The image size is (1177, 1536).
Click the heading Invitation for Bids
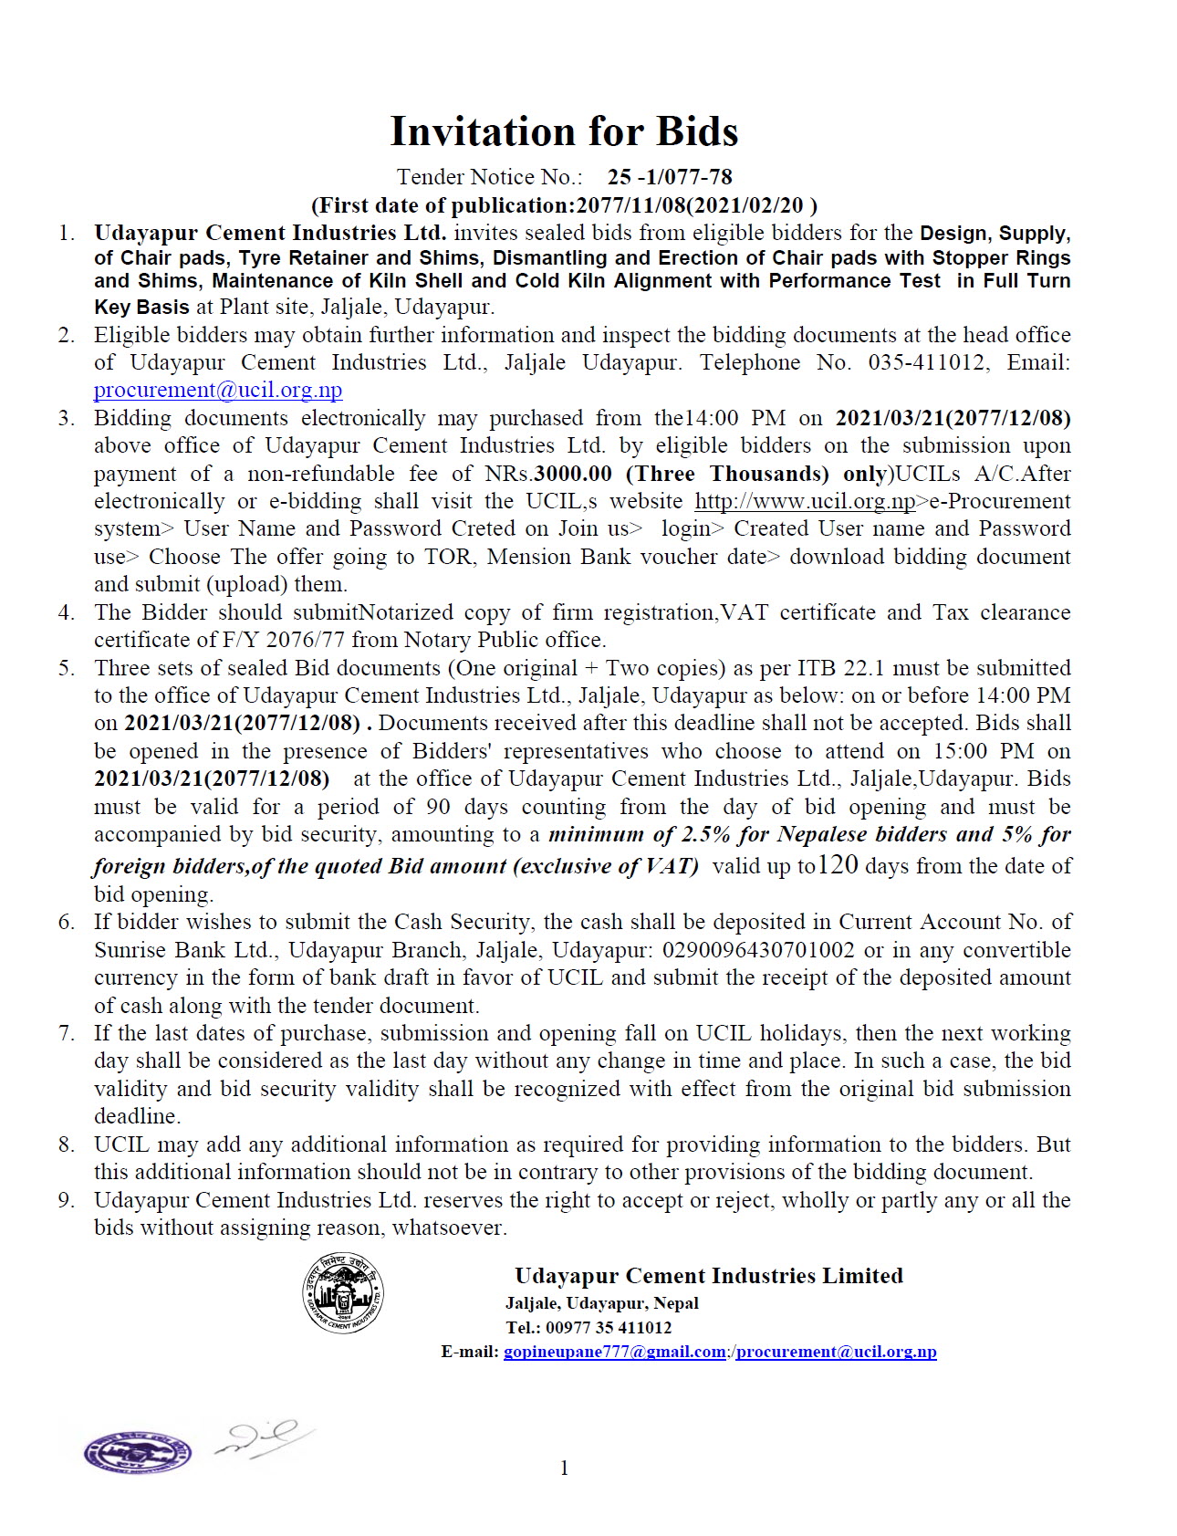(x=564, y=132)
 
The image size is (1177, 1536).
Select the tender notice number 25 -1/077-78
(x=670, y=177)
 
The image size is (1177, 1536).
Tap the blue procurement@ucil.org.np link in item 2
(x=218, y=391)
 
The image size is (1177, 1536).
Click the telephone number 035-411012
(x=926, y=362)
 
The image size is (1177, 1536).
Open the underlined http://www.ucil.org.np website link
(x=805, y=501)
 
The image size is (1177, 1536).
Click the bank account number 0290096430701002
(x=758, y=950)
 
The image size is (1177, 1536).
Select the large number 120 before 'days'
(x=838, y=864)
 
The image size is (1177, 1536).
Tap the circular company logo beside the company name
(x=343, y=1291)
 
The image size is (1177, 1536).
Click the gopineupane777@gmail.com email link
(x=614, y=1352)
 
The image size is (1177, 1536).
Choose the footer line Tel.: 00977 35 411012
(x=588, y=1327)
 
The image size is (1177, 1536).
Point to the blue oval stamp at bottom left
(x=137, y=1450)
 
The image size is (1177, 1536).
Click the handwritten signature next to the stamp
(x=264, y=1437)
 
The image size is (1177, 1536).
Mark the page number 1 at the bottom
(x=564, y=1468)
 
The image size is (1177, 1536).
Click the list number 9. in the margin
(x=67, y=1200)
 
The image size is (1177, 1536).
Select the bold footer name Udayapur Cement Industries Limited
(x=708, y=1276)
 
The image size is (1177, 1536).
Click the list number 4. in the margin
(x=67, y=612)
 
